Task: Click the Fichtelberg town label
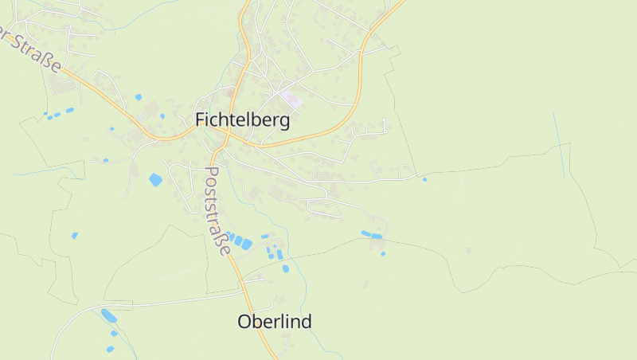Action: tap(242, 120)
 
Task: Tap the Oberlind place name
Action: tap(275, 322)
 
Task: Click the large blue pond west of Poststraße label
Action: tap(155, 180)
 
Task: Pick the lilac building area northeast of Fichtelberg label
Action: tap(291, 100)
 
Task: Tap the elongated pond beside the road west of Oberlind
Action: tap(108, 316)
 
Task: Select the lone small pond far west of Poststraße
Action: tap(75, 235)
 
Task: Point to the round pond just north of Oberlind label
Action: tap(286, 268)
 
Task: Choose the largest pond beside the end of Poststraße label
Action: tap(247, 244)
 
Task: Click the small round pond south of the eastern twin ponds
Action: tap(383, 254)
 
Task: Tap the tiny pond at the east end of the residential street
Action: tap(424, 179)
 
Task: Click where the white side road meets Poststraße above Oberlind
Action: tap(242, 280)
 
